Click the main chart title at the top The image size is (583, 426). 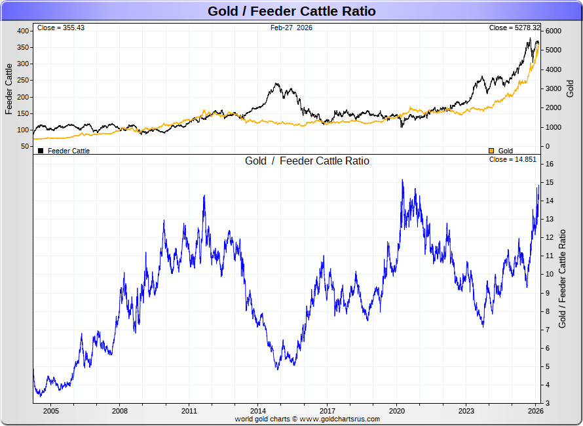291,11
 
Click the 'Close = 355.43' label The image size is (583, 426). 61,28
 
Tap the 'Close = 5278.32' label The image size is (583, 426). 515,28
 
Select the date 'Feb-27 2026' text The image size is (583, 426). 291,28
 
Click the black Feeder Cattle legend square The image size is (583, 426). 41,151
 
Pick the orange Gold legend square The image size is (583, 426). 491,151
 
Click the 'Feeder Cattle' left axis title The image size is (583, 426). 9,88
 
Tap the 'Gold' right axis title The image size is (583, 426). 570,88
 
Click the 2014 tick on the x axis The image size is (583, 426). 258,411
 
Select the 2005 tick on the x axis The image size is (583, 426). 50,411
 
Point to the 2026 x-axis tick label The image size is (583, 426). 535,411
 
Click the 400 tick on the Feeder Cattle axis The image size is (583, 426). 23,31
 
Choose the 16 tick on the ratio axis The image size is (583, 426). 550,164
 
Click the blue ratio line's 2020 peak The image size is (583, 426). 402,180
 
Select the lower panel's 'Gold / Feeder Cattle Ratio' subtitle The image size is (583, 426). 307,161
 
